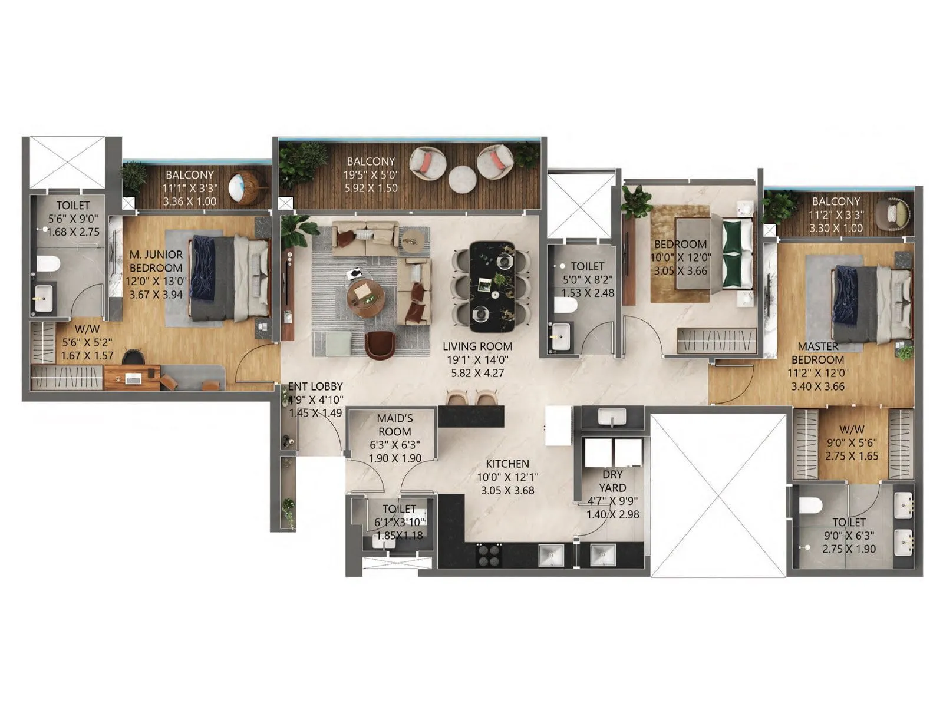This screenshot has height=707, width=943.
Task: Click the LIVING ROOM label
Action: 477,346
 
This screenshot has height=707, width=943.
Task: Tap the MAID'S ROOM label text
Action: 395,425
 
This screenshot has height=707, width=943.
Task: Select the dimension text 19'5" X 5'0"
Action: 371,175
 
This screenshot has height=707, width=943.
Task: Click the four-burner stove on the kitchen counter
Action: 488,553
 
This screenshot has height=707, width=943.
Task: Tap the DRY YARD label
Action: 612,481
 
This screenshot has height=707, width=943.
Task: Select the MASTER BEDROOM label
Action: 817,353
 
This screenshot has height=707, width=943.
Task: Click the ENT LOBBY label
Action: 315,386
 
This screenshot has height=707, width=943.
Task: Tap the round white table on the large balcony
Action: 462,177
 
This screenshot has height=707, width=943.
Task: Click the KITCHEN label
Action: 507,464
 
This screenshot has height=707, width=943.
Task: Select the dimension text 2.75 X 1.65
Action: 852,456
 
